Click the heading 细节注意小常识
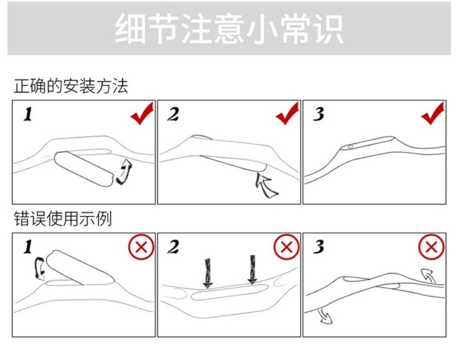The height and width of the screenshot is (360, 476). point(228,29)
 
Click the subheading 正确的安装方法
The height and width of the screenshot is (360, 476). point(71,86)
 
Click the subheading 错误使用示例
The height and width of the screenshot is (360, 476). point(63,219)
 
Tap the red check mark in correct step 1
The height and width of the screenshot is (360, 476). point(142,115)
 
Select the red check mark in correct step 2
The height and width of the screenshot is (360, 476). point(287,115)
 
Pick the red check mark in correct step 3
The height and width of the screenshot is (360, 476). point(432,115)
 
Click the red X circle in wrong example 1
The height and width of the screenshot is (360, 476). point(141,247)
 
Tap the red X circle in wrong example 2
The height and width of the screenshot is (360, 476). point(286,247)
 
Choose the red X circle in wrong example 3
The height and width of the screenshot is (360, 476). point(431,247)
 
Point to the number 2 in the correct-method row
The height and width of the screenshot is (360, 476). point(173,115)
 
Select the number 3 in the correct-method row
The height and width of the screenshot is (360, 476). point(319,115)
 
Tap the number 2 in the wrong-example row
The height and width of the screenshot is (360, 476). point(173,247)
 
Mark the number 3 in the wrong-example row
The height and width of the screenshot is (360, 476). point(319,247)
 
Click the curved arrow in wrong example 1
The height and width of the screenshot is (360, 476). point(39,269)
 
